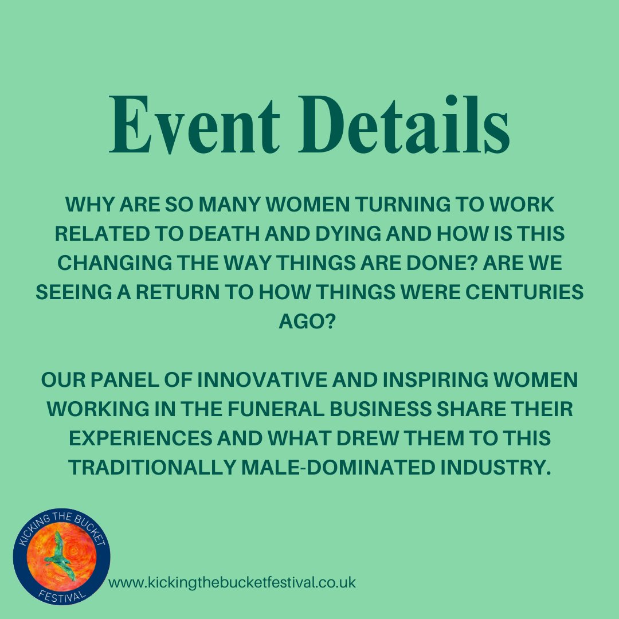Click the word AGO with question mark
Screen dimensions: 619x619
coord(309,322)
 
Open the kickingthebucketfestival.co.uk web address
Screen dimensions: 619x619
coord(232,583)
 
